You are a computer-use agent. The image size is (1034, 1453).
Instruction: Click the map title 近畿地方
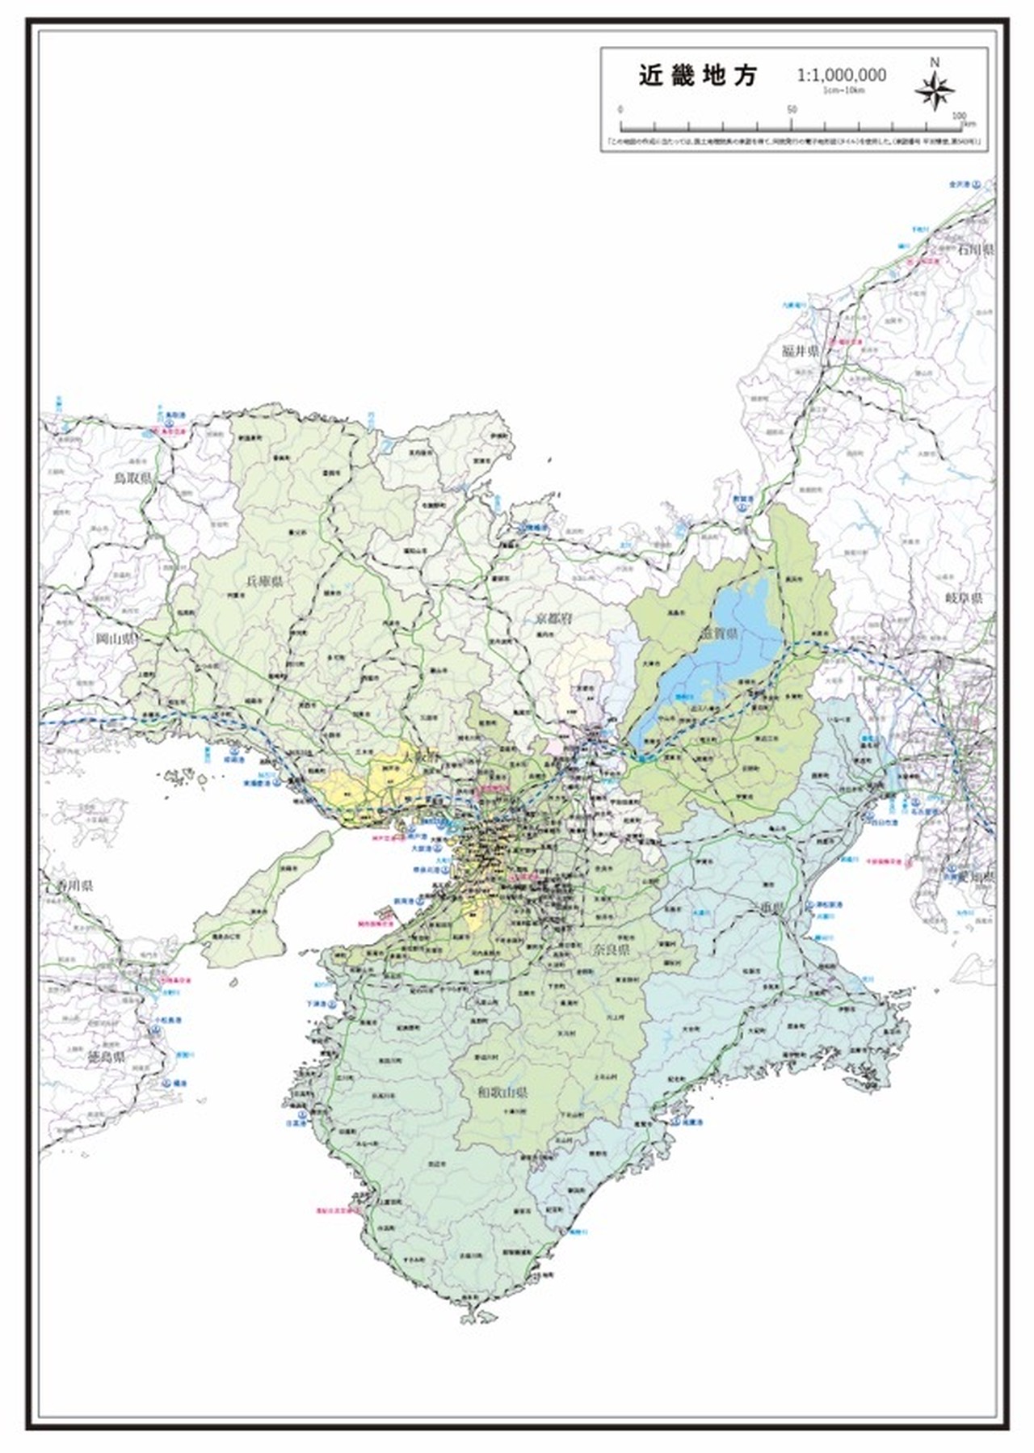coord(698,76)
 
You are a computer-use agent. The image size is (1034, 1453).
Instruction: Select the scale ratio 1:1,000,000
coord(841,75)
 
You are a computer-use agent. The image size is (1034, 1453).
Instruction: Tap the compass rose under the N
coord(935,91)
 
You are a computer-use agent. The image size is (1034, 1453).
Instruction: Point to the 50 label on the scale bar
coord(792,110)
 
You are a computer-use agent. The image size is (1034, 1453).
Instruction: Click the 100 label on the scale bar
coord(958,116)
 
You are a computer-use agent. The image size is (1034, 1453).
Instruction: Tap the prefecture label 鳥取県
coord(132,478)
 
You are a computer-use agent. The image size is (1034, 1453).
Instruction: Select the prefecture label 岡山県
coord(116,639)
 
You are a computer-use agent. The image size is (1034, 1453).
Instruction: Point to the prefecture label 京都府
coord(554,619)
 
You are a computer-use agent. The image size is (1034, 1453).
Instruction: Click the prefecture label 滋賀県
coord(719,635)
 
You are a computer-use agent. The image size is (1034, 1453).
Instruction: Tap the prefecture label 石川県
coord(975,250)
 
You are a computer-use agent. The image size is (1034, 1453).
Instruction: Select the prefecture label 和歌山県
coord(501,1093)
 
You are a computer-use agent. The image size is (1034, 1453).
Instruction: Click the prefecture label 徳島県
coord(106,1056)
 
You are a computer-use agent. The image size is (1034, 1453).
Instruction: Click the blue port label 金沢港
coord(962,185)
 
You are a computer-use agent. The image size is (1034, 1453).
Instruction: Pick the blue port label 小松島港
coord(166,1021)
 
